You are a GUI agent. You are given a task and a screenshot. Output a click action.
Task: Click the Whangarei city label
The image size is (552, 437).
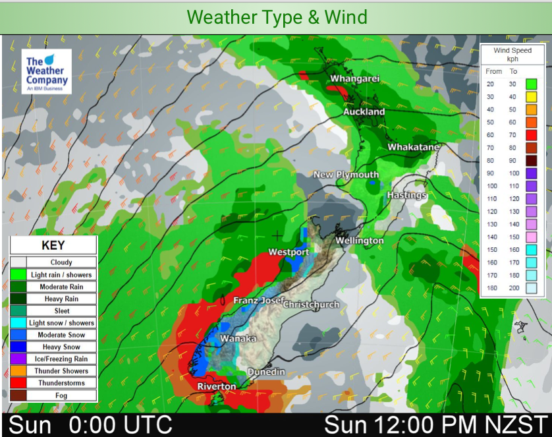355,79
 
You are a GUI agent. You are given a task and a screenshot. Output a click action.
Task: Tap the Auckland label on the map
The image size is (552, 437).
364,112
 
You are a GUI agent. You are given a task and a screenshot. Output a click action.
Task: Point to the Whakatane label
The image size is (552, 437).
413,147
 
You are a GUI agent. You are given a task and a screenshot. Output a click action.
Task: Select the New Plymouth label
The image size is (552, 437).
346,175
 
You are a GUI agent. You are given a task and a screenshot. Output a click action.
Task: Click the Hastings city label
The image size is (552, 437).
406,196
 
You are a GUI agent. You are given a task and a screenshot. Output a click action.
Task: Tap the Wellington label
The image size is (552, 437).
360,241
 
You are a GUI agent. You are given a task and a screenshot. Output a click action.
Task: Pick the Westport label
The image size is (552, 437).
289,252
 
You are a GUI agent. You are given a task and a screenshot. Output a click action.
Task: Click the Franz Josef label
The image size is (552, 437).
258,301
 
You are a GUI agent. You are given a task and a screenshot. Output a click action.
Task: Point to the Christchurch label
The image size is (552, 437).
311,305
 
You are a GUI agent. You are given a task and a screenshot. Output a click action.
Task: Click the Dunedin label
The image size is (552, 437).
266,372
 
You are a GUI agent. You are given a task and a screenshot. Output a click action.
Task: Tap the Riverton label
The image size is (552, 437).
217,386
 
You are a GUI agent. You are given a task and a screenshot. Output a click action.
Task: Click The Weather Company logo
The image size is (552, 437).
46,71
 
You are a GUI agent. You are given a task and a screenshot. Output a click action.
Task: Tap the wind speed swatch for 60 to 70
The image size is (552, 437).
531,134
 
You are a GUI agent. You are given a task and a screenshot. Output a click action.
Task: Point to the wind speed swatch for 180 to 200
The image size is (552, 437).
531,287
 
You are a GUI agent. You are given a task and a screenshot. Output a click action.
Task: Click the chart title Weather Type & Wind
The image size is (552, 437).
277,17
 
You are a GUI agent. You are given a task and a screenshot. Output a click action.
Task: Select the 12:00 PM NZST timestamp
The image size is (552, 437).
435,424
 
